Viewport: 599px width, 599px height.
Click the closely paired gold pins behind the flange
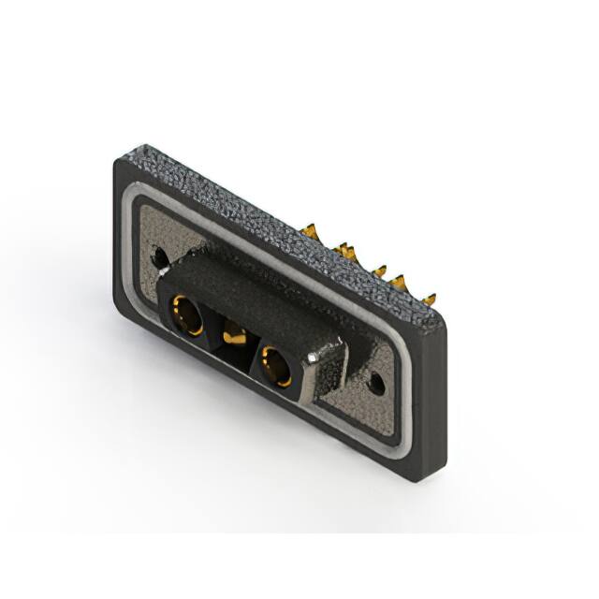coord(347,250)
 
